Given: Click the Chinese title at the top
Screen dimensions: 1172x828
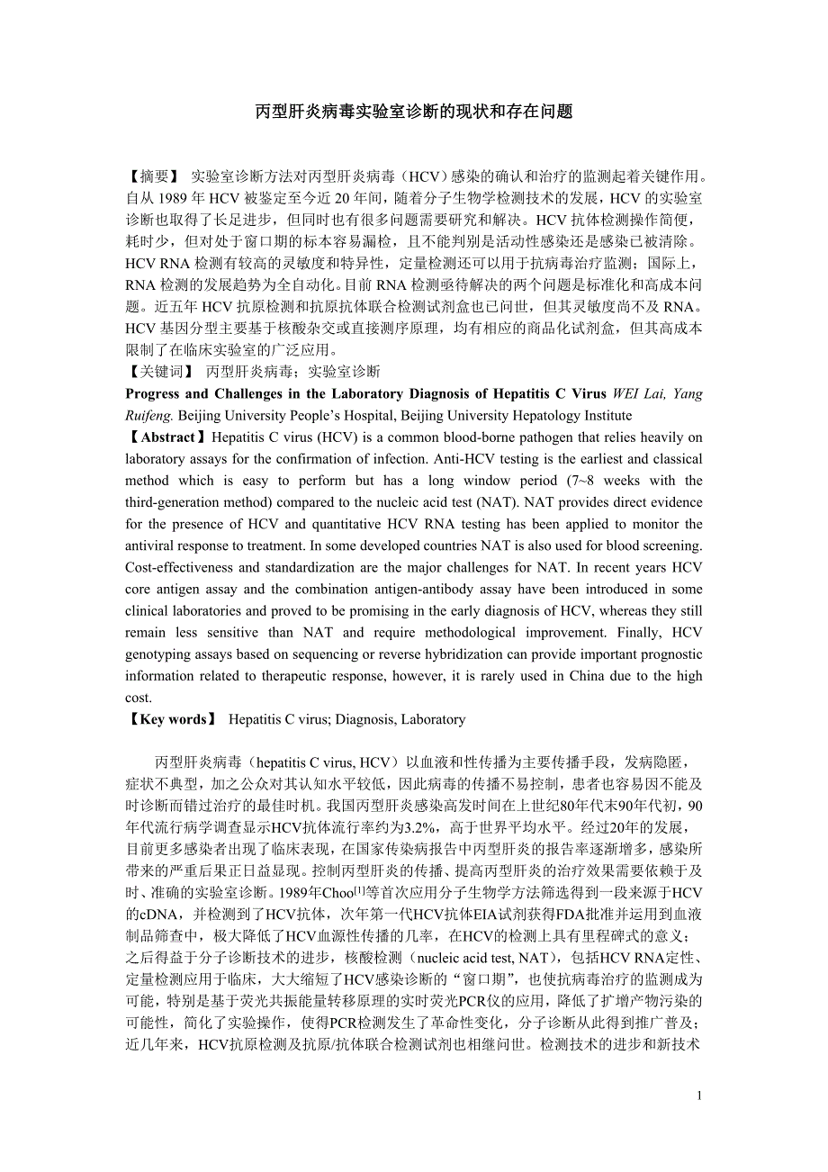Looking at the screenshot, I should (414, 112).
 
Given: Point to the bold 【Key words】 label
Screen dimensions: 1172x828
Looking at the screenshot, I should (171, 719).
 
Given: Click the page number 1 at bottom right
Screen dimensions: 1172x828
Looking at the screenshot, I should (699, 1095).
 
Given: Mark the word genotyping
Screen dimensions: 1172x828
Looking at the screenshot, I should (158, 654).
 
